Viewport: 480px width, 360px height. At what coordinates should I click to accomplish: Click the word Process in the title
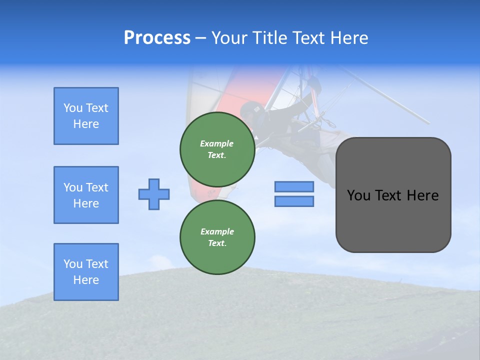157,38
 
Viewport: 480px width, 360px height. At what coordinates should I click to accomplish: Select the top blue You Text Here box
86,116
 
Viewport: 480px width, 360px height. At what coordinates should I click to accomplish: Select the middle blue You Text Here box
86,195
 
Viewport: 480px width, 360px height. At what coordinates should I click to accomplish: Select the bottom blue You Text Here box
86,272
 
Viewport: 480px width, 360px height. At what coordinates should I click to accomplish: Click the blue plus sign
154,194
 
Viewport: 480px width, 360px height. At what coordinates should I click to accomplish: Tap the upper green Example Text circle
217,149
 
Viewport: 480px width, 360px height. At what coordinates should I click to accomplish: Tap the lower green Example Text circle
217,237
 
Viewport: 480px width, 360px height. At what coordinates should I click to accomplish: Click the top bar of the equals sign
294,186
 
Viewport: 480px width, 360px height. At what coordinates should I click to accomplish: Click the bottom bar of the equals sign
294,201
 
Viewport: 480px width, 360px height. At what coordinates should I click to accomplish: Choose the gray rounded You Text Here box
393,195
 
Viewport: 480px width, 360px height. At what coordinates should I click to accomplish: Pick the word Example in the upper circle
217,143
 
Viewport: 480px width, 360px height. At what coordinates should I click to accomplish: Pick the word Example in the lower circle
217,231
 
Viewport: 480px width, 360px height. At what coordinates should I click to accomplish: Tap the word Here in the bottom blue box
86,280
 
